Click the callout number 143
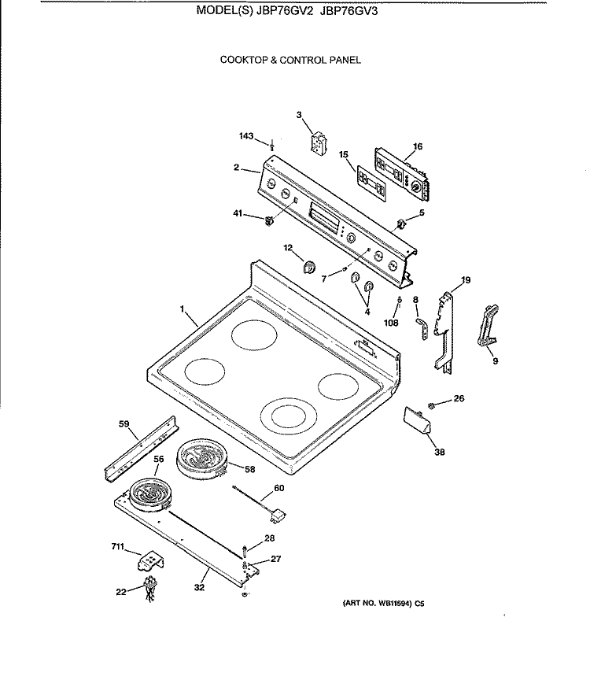(x=247, y=137)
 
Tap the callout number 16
(x=417, y=146)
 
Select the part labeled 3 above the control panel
(x=319, y=146)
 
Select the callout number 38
(x=440, y=452)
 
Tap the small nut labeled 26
(x=432, y=405)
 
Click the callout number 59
(x=124, y=424)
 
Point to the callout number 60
(x=278, y=488)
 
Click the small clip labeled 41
(x=267, y=220)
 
